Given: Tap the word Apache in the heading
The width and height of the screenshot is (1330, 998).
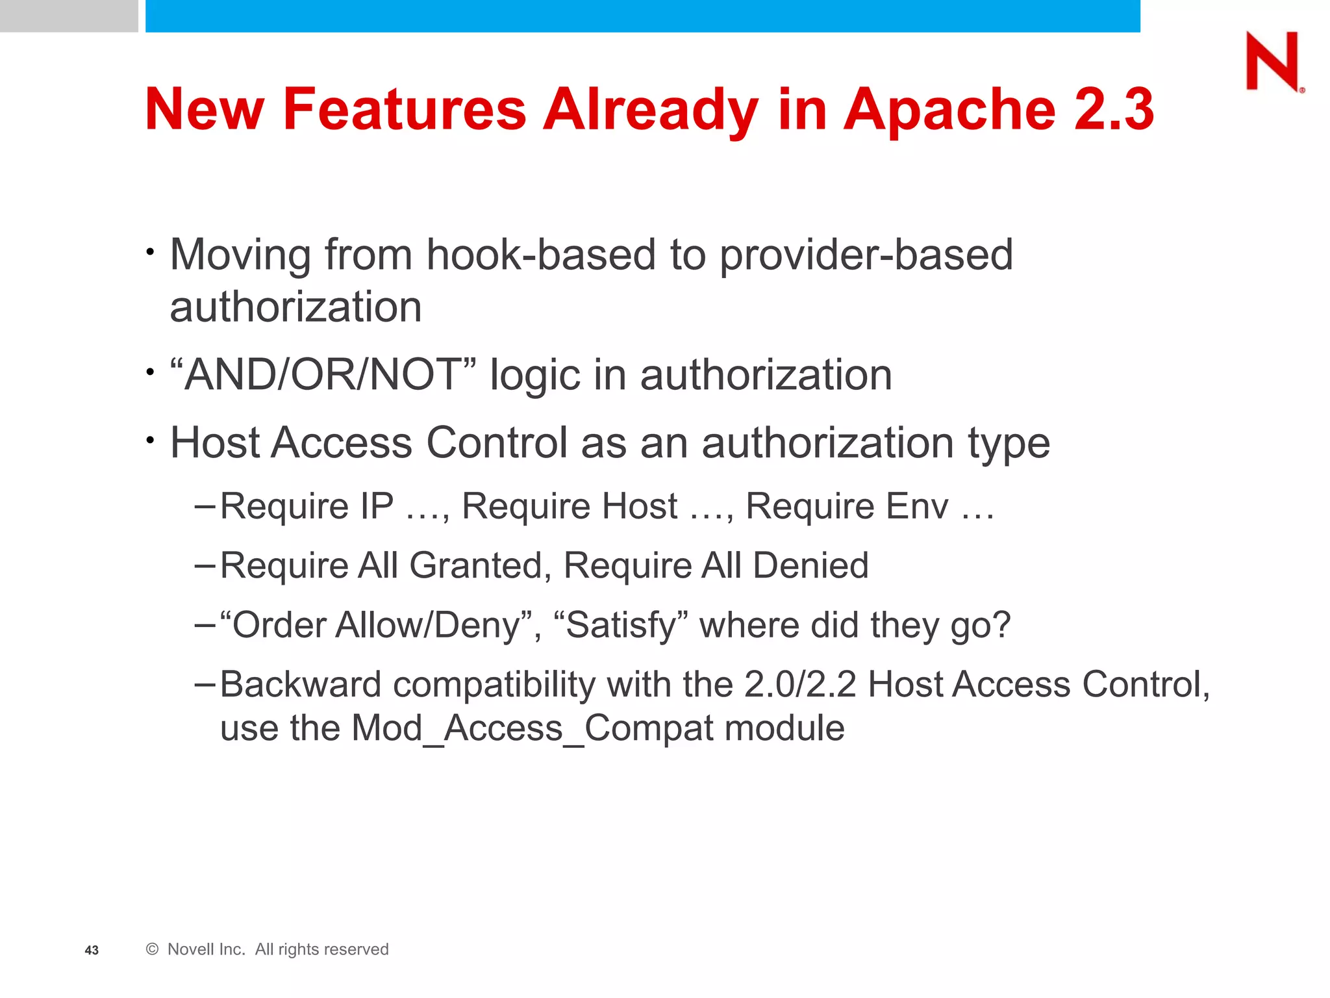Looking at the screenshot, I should [949, 109].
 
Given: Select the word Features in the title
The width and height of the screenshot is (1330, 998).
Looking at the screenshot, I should [404, 109].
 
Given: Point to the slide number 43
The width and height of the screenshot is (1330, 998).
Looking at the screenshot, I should [92, 951].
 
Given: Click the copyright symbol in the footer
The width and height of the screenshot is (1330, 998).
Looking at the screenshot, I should [153, 949].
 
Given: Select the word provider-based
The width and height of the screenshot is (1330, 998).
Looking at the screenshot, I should [866, 254].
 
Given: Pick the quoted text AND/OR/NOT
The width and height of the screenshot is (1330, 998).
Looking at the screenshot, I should [323, 375].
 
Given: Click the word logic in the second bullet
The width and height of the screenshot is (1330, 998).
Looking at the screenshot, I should [534, 376].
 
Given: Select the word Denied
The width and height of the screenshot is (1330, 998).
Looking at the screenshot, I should [810, 565].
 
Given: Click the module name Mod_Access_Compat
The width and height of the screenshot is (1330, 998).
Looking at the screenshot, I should [532, 728].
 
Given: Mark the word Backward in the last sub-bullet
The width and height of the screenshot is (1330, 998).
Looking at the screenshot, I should [301, 685].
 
